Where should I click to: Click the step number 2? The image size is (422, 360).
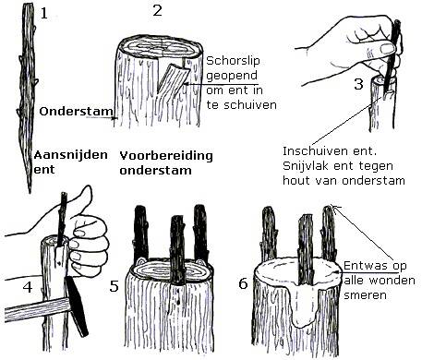[x=157, y=11]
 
